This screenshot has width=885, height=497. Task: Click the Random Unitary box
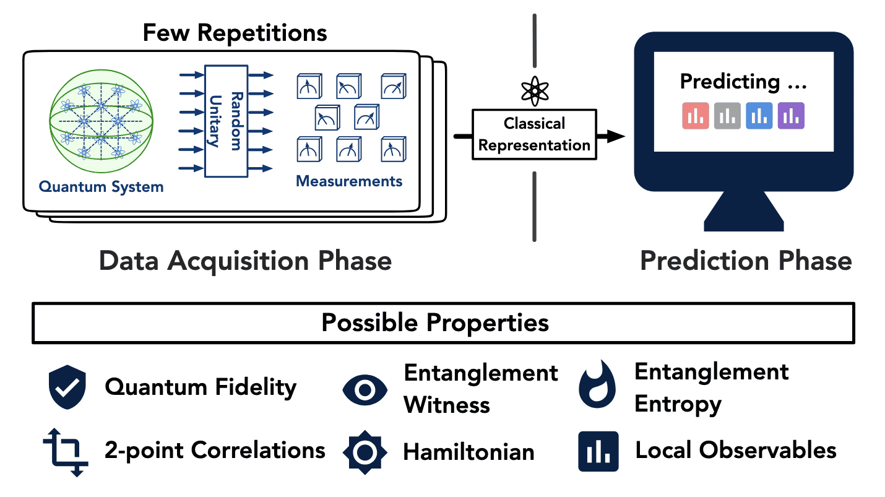click(226, 121)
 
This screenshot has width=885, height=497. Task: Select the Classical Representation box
click(534, 135)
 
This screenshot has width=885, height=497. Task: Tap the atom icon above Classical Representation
click(535, 91)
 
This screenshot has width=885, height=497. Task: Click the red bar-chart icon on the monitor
click(696, 116)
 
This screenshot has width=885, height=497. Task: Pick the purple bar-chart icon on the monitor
click(791, 116)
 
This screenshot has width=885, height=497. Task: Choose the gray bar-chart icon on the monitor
click(727, 116)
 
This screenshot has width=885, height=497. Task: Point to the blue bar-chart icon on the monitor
click(759, 116)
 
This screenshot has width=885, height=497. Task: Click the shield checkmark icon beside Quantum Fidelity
click(67, 387)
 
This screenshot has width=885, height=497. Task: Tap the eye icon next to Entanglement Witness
click(365, 390)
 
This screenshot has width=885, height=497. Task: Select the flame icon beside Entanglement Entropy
click(597, 384)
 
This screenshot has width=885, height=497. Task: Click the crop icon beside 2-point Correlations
click(66, 452)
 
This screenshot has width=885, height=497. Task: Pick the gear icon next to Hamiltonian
click(365, 452)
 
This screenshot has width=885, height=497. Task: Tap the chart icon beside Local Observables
click(598, 451)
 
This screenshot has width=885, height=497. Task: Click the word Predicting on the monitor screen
click(730, 82)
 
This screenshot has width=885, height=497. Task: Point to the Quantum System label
click(101, 187)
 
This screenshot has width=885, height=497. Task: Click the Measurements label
click(349, 181)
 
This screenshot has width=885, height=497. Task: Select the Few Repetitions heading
click(235, 33)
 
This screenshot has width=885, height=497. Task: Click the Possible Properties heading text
click(435, 323)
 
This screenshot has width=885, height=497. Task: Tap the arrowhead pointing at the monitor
click(616, 136)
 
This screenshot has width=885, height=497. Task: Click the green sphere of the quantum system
click(101, 121)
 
